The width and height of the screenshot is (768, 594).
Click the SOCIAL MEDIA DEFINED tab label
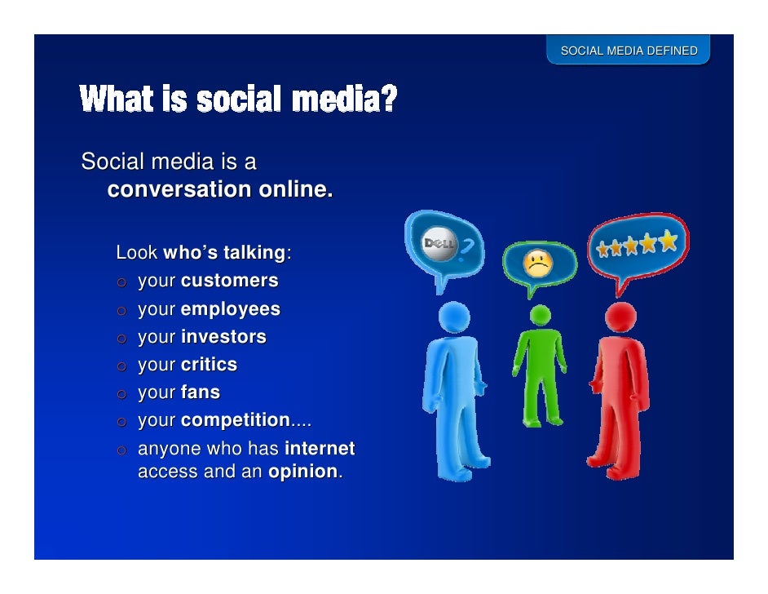tap(629, 51)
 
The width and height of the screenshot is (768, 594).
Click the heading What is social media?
tap(238, 100)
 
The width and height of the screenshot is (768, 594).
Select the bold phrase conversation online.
tap(220, 190)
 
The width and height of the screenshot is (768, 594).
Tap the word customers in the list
tap(229, 281)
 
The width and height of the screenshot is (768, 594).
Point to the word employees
tap(230, 309)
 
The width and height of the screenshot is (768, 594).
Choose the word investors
tap(223, 337)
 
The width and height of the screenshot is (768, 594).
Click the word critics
tap(209, 365)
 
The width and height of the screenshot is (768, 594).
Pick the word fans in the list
tap(200, 392)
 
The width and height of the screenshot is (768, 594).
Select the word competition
tap(235, 421)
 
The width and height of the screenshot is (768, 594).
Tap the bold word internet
tap(319, 449)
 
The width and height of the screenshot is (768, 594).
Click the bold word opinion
tap(302, 472)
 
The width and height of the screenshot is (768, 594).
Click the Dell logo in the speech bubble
tap(440, 245)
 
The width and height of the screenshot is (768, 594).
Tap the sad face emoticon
tap(536, 262)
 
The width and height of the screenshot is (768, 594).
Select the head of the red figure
tap(620, 314)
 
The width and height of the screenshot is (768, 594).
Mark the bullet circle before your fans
tap(121, 394)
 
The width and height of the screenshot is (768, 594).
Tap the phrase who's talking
tap(224, 253)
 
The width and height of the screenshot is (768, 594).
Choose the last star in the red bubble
tap(669, 241)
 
